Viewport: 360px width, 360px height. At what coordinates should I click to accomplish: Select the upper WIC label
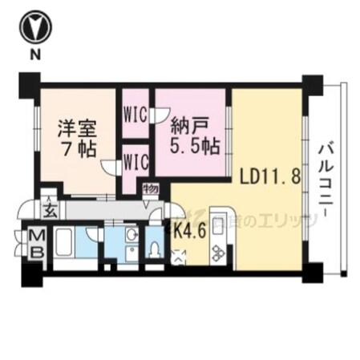(x=134, y=113)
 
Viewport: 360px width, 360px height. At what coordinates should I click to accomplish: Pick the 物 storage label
(x=150, y=190)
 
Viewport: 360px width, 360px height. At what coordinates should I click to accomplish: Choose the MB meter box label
(x=38, y=245)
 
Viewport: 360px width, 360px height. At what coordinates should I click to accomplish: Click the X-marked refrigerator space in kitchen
(x=179, y=256)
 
